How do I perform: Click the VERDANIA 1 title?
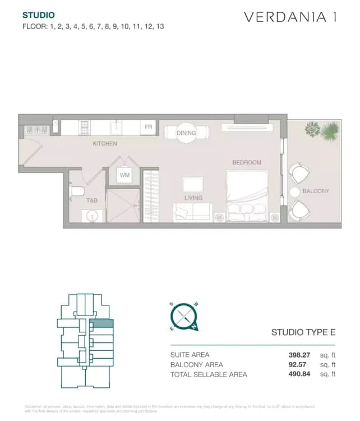click(x=290, y=17)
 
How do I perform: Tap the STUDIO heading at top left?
click(x=39, y=15)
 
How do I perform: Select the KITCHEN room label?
click(x=105, y=144)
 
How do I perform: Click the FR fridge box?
click(x=148, y=127)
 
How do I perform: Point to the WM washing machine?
click(x=124, y=175)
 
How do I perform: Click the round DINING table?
click(x=186, y=133)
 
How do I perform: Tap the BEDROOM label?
click(x=247, y=163)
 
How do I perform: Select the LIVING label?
click(x=193, y=198)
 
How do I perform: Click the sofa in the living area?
click(x=192, y=212)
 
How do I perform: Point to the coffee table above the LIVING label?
click(x=193, y=184)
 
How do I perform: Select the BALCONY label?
click(x=316, y=191)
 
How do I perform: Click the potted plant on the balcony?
click(x=323, y=130)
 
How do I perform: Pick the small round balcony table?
click(x=294, y=192)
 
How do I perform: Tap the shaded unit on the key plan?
click(x=101, y=323)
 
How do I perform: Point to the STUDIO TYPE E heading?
click(x=303, y=332)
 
